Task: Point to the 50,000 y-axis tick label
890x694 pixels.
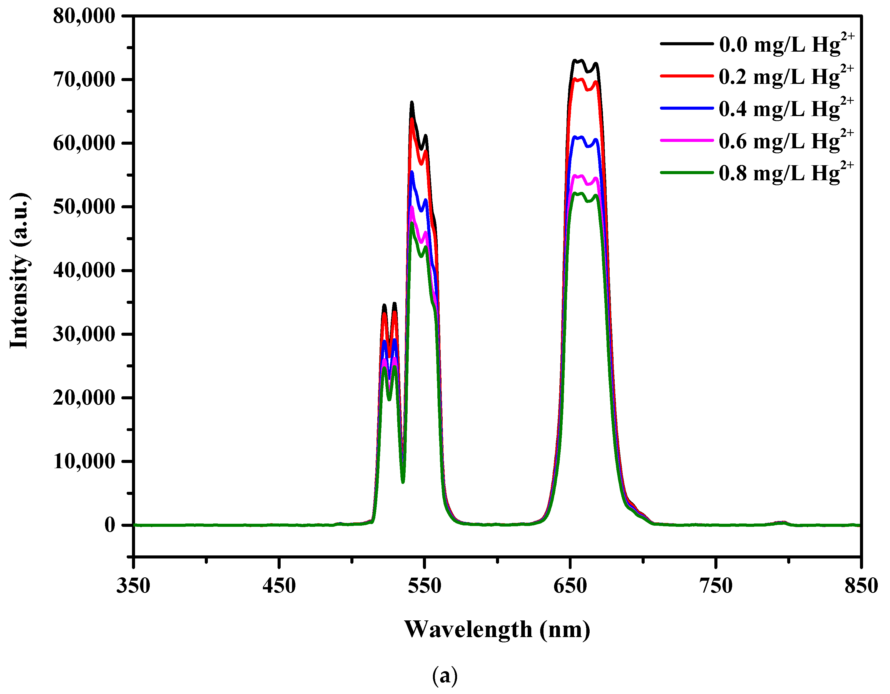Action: [x=84, y=207]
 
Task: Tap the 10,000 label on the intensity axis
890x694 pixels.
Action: [x=84, y=462]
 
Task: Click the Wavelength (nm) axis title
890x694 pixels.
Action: [x=497, y=630]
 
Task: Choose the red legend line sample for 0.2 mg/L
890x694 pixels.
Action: [x=686, y=76]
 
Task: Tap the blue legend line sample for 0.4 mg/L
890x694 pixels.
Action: [x=686, y=108]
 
